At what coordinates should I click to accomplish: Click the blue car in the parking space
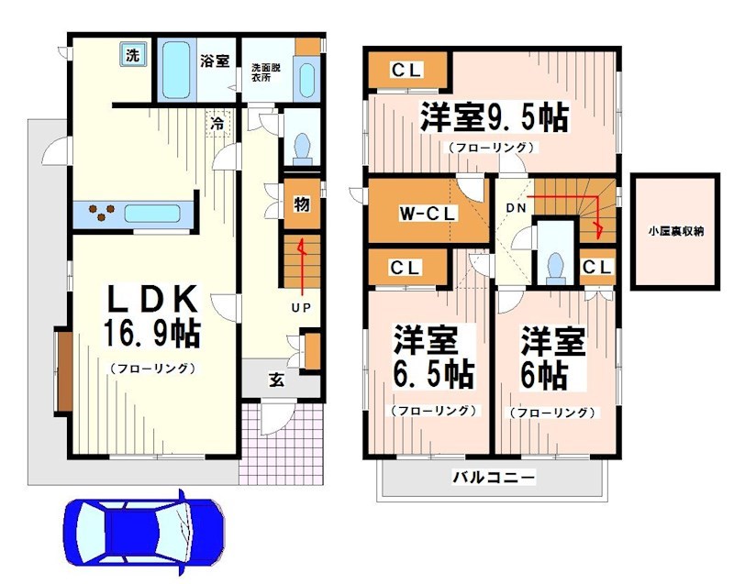143,529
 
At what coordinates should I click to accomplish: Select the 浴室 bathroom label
215,61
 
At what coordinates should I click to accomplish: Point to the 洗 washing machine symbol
133,55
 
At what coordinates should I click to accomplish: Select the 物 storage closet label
300,204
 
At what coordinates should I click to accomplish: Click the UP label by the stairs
300,307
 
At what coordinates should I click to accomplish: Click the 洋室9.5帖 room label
494,118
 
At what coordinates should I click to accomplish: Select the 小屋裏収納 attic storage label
673,231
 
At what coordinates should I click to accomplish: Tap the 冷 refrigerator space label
217,122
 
